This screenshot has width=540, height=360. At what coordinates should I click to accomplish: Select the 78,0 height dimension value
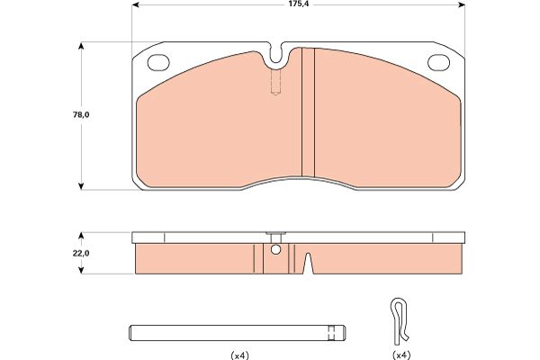(81, 115)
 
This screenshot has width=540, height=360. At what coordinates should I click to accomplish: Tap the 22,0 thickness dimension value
(81, 253)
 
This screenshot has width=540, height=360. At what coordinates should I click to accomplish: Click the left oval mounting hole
(158, 63)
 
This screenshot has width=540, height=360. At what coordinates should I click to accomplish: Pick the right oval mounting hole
(438, 63)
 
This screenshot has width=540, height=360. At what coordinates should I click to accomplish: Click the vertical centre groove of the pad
(308, 112)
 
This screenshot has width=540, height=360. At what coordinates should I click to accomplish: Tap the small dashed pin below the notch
(275, 82)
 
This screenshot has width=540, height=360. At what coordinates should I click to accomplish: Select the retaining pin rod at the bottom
(238, 333)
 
